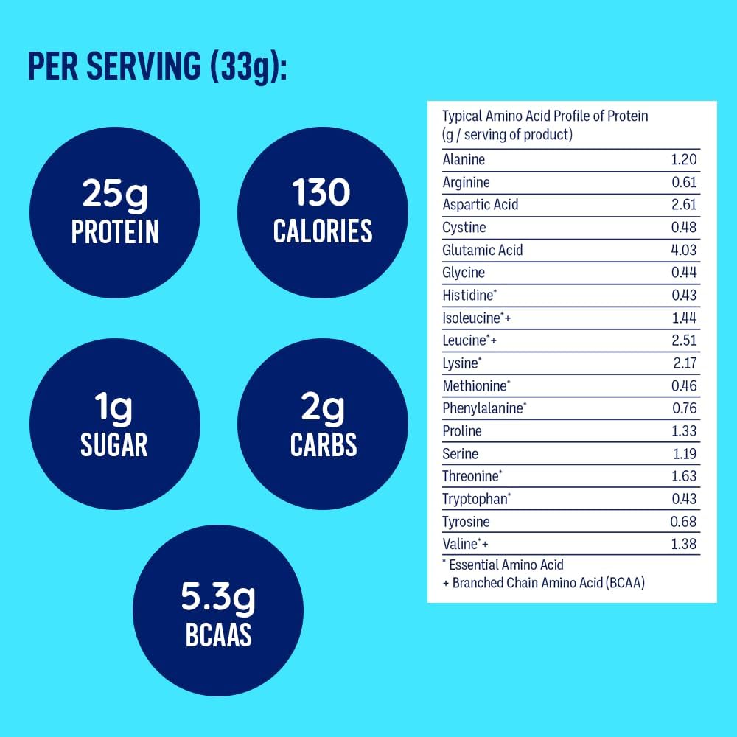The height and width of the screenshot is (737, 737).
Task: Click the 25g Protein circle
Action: (114, 212)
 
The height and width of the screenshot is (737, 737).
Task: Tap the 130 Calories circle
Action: (323, 212)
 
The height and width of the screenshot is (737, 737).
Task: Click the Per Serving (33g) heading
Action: (156, 67)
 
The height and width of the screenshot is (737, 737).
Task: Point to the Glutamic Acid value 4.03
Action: (683, 250)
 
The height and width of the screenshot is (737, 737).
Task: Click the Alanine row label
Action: (464, 159)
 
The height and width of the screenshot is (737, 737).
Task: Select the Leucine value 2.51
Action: (683, 340)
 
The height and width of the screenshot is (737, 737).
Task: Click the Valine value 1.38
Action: (683, 545)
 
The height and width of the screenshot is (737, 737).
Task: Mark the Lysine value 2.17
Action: (683, 363)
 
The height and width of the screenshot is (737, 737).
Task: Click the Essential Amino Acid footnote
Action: (503, 565)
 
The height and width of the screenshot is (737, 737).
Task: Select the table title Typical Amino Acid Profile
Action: (545, 116)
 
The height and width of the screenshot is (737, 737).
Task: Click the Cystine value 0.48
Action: (683, 228)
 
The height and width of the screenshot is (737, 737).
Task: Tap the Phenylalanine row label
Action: (484, 408)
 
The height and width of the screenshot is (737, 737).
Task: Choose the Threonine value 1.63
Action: (683, 476)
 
